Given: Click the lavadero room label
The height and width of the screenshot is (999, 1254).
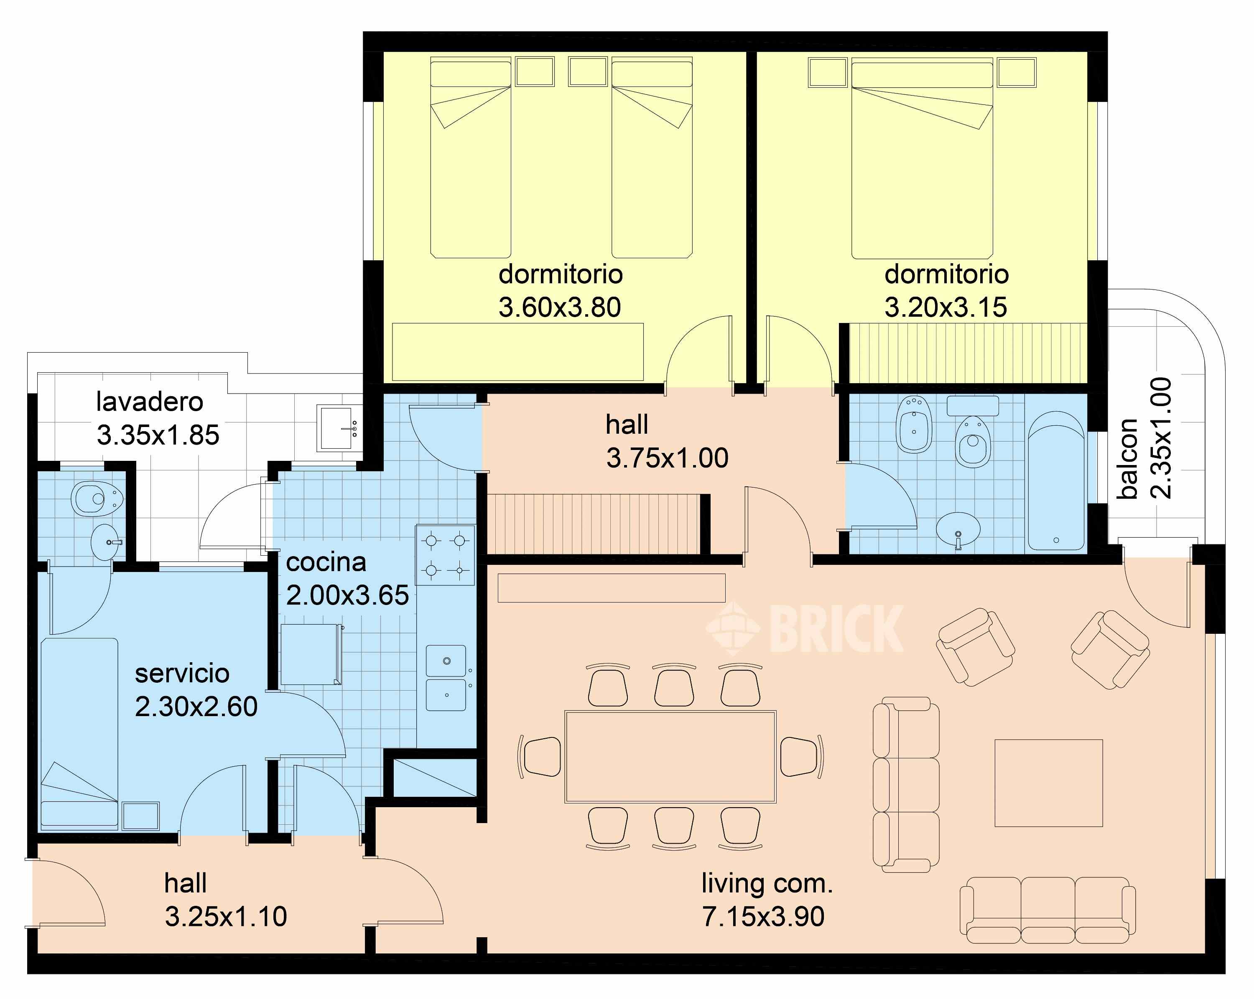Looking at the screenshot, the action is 150,402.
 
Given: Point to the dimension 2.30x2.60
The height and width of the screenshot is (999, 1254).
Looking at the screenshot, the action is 196,707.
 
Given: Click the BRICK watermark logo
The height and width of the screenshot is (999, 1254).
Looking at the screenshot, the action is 804,628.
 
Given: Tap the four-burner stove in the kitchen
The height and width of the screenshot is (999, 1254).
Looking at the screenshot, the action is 445,555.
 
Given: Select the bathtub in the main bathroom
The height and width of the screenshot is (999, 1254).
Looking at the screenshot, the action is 1056,481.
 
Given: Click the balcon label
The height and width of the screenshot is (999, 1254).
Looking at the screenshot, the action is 1127,458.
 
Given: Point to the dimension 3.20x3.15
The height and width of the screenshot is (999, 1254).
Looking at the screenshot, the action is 946,307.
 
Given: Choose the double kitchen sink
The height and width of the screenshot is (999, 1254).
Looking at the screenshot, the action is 446,677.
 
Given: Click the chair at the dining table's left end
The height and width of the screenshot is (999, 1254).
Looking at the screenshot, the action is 539,757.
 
